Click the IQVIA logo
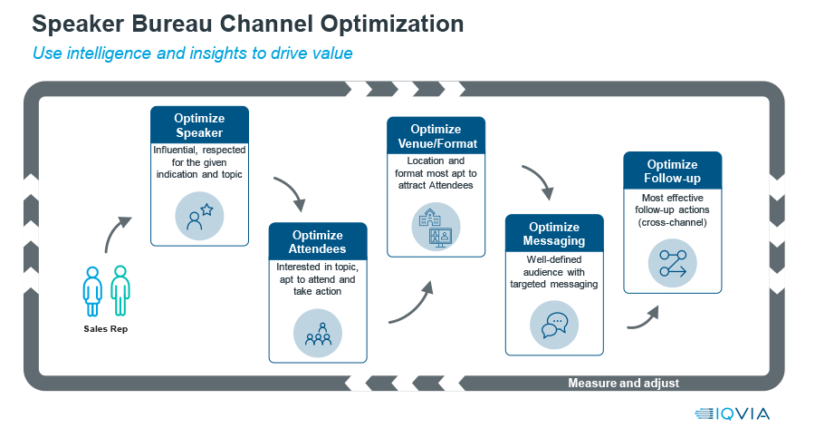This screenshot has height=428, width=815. [x=732, y=413]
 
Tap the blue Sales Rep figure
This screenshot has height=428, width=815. [x=92, y=291]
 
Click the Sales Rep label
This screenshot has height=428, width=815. [x=106, y=329]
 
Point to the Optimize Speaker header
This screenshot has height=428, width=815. [x=199, y=125]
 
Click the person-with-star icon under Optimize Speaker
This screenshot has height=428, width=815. [x=199, y=216]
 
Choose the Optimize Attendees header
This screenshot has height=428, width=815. [x=318, y=241]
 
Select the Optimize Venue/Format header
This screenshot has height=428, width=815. [x=436, y=136]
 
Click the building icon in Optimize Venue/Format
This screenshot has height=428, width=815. [x=436, y=227]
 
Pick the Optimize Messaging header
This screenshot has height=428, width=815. [x=554, y=233]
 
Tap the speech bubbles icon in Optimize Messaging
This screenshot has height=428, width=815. [x=554, y=325]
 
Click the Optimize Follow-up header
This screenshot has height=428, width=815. [x=673, y=170]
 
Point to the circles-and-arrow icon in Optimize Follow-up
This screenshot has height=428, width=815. [x=673, y=263]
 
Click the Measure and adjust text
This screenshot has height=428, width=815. [x=623, y=384]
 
